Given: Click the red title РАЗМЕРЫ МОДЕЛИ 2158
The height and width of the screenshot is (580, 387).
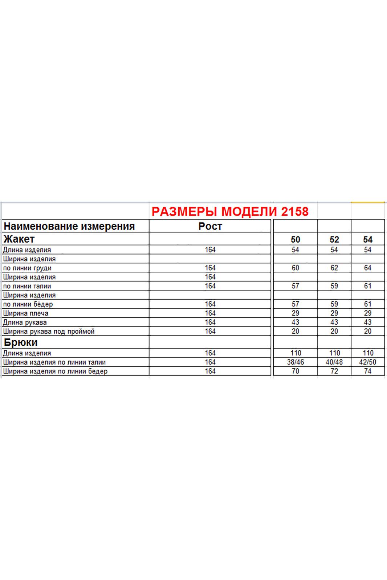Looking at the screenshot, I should point(230,211).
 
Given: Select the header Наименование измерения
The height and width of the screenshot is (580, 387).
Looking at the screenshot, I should point(69,226).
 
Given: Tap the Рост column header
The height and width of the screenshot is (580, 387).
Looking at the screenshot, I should point(210,226).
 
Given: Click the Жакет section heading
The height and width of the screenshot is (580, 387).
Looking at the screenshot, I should point(19,239).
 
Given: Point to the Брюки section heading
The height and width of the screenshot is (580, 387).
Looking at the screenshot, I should point(21,342).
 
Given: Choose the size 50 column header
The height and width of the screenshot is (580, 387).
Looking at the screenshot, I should point(296,239).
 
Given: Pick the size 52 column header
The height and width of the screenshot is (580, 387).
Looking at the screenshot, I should point(334,239).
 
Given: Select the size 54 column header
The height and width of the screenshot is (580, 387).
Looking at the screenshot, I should point(368,239).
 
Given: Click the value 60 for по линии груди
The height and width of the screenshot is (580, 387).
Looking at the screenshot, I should point(296,268).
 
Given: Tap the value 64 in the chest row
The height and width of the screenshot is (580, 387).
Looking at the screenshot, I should point(368,268).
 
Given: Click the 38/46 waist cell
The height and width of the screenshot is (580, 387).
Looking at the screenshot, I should point(296,362).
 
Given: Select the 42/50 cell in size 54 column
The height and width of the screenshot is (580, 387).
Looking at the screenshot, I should point(368,362).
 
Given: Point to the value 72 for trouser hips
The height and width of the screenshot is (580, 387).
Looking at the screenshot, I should point(334,371).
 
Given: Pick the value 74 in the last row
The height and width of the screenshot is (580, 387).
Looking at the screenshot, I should point(368,371).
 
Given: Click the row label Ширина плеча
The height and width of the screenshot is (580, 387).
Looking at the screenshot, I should point(25,313).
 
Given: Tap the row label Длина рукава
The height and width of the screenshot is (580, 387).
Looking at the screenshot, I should point(25,322).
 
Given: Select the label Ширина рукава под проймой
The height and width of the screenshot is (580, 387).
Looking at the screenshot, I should point(49,332).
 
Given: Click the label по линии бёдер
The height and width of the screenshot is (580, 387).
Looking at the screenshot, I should point(28,304).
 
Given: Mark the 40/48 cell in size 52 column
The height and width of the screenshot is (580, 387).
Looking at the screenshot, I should point(334,362).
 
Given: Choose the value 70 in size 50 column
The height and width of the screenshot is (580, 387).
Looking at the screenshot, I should point(296,371).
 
